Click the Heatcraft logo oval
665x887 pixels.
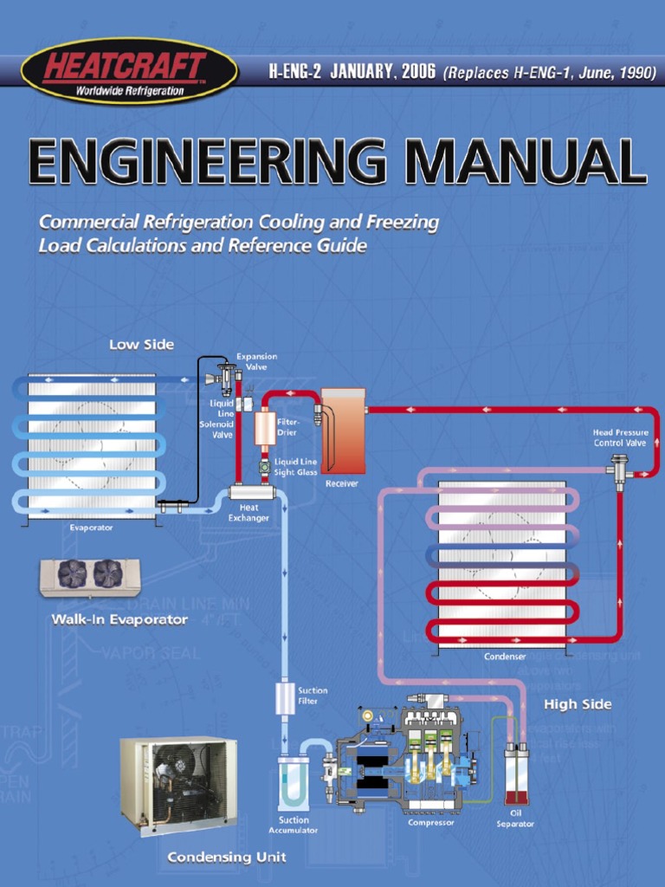pos(129,71)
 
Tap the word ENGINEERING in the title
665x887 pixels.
pos(207,162)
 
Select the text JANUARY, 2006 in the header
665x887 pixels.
pos(383,73)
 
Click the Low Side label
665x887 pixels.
pos(141,344)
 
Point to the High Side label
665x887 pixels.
pos(578,704)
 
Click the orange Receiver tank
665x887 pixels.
pos(343,431)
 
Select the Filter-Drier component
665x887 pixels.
pos(264,428)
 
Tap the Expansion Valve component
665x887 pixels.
pos(228,377)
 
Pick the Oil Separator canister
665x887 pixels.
pos(516,776)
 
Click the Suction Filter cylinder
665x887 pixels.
pos(285,697)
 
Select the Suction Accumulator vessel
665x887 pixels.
pos(293,783)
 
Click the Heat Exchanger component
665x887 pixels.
pos(251,492)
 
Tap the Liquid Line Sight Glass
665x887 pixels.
pos(264,467)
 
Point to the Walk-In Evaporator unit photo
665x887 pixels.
pos(90,576)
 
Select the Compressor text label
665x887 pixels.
pos(431,822)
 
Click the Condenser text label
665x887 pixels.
pos(504,657)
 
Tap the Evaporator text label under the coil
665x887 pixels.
pos(91,528)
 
